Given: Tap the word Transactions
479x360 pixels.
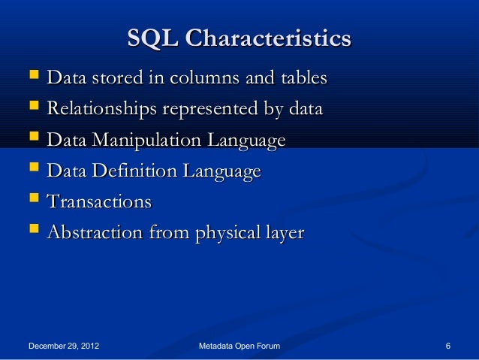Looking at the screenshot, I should point(99,202).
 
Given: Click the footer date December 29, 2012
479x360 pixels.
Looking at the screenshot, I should point(65,346).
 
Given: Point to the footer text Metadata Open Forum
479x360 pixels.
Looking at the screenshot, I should point(239,346).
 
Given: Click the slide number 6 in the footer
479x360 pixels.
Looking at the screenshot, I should point(447,346).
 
